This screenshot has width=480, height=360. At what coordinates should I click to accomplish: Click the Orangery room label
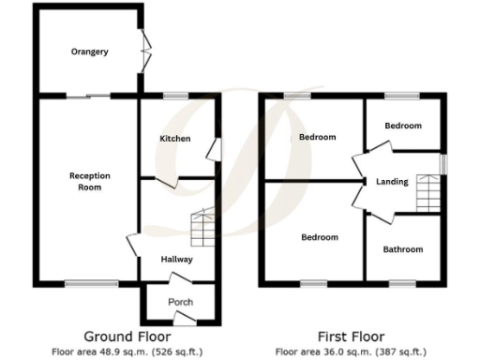89,52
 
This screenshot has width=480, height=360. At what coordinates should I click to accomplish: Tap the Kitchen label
174,139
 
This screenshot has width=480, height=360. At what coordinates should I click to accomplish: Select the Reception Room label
90,181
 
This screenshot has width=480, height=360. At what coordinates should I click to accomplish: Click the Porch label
180,302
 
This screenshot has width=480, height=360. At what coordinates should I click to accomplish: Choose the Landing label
391,182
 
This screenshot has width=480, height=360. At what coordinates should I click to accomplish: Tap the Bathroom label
403,249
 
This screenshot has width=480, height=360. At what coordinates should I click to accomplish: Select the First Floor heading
352,337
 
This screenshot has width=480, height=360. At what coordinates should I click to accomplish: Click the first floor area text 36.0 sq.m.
352,352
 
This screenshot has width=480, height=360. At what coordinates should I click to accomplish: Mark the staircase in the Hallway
202,226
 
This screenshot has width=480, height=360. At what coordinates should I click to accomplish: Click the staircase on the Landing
428,192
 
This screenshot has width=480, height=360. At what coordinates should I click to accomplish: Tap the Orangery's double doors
144,51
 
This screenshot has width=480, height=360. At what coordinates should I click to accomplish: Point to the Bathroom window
403,283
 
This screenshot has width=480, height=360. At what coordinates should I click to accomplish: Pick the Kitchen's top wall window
175,96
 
